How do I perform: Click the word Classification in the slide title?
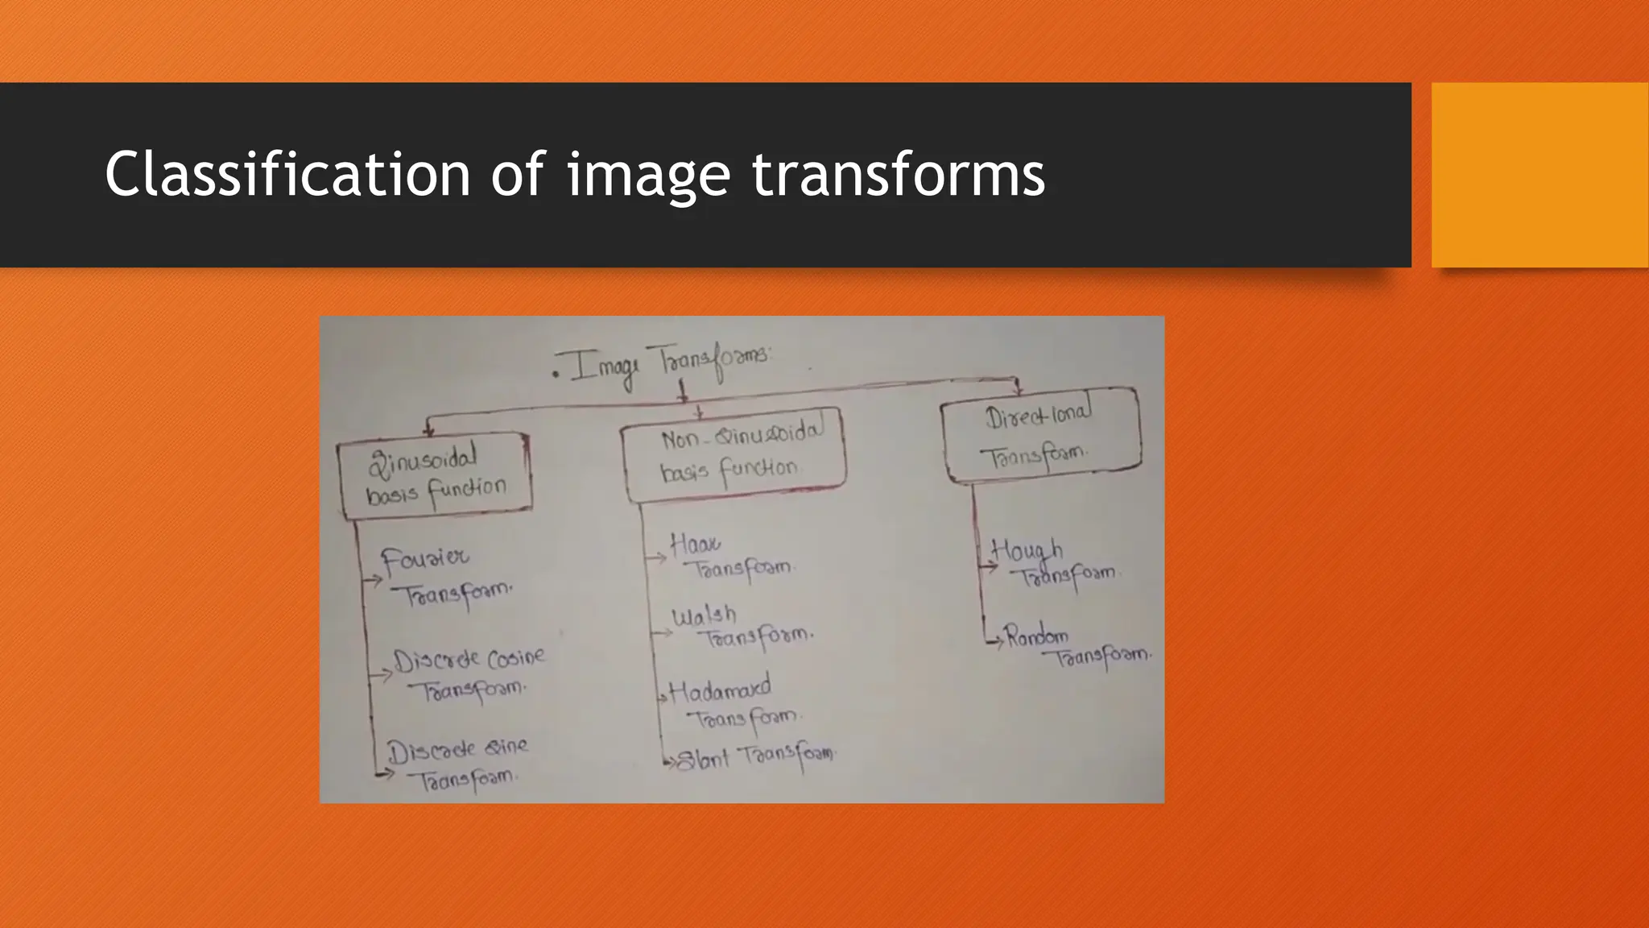tap(287, 174)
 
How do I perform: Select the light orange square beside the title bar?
tap(1539, 175)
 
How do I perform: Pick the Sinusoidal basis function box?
tap(435, 475)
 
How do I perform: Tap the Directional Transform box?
tap(1040, 435)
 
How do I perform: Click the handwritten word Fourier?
tap(424, 558)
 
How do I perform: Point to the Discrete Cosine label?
tap(469, 660)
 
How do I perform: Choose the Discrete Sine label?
tap(457, 750)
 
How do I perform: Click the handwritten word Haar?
tap(695, 544)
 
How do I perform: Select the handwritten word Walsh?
tap(704, 616)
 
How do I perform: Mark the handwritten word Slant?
tap(703, 760)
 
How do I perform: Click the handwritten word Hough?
tap(1027, 550)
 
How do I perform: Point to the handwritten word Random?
tap(1036, 637)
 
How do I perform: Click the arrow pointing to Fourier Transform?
tap(373, 578)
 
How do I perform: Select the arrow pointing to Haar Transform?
tap(657, 557)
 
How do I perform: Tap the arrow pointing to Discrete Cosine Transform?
tap(380, 674)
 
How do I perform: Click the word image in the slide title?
tap(647, 174)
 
